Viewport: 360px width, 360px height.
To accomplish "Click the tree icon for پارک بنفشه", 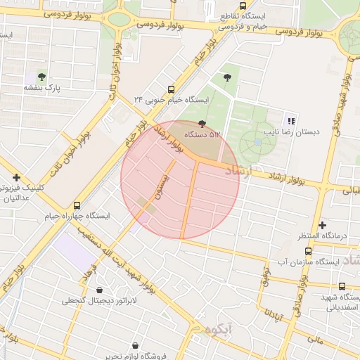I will [41, 75].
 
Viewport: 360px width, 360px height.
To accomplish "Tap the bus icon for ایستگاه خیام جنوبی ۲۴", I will [171, 90].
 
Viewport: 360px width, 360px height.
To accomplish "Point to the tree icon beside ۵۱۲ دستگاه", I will [203, 124].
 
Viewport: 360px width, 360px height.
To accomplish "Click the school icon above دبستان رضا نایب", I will [291, 121].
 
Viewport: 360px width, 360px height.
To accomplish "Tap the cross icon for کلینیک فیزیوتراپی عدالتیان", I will [16, 178].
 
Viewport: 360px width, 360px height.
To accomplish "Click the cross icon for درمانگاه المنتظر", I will [322, 226].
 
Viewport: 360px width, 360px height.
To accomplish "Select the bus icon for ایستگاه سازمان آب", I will [308, 251].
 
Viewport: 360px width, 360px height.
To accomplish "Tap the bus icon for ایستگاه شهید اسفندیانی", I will [342, 286].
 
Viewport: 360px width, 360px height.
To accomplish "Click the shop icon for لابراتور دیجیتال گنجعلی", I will [99, 290].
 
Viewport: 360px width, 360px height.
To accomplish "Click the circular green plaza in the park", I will [257, 143].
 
